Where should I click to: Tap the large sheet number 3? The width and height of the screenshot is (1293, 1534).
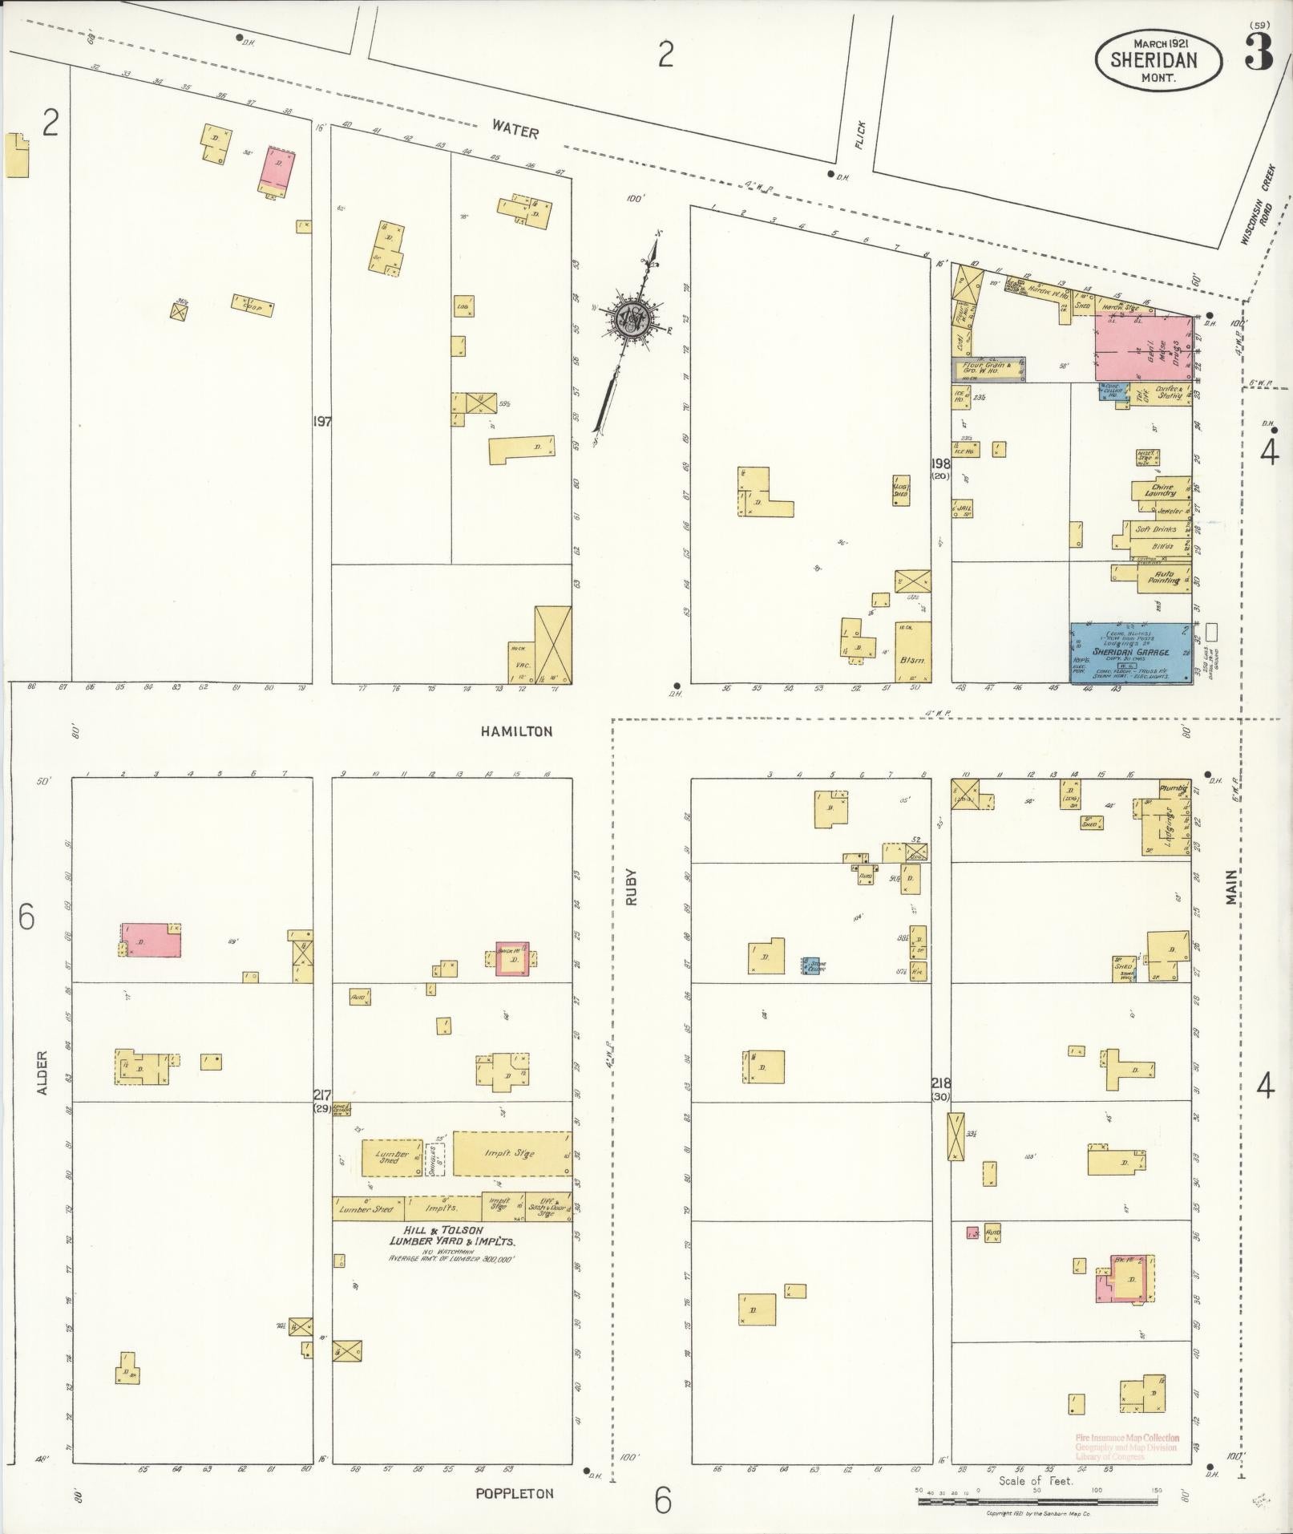(1259, 54)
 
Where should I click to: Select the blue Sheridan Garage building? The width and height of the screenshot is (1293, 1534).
(1130, 652)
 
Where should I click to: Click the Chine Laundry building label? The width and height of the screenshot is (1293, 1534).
(1161, 489)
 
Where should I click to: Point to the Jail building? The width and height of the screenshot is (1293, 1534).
(961, 508)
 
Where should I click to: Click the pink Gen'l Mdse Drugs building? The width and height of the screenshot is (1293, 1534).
(1143, 347)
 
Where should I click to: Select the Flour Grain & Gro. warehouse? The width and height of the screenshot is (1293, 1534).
(988, 369)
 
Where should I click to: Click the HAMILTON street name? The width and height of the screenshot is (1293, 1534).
(517, 731)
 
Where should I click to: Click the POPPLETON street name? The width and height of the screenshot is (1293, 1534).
(514, 1493)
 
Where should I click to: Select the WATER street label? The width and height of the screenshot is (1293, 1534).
(515, 130)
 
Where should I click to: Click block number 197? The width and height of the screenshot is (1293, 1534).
(322, 421)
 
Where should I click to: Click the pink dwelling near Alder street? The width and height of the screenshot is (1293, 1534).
(151, 940)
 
